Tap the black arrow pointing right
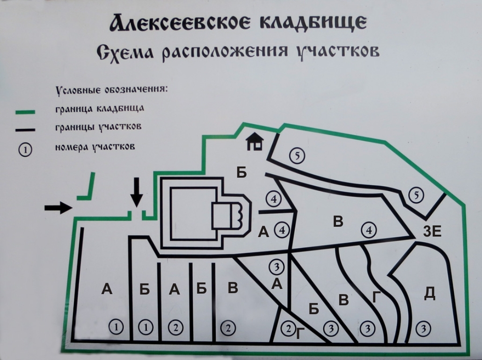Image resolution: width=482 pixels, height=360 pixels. (58, 208)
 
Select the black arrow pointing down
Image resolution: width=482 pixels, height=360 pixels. (136, 191)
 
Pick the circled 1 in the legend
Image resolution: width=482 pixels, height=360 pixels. (25, 150)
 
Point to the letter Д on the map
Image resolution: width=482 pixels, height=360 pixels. (429, 293)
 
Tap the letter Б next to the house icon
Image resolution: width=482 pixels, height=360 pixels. (241, 173)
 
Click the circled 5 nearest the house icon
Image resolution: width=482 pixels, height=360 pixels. (297, 155)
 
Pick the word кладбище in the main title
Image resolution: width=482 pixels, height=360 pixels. (321, 23)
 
